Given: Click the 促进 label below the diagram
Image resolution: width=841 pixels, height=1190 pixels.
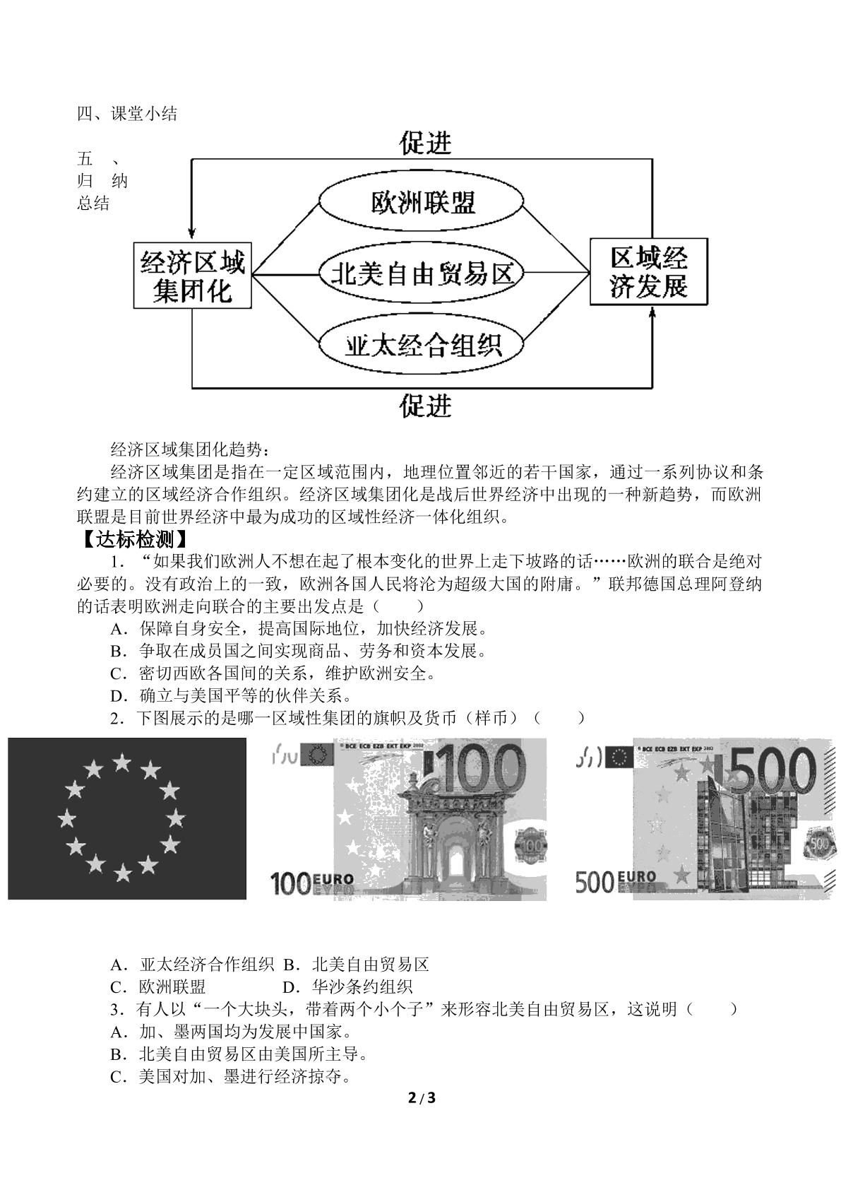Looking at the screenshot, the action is coord(425,406).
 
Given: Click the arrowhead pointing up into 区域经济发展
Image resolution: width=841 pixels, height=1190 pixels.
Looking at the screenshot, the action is coord(652,316).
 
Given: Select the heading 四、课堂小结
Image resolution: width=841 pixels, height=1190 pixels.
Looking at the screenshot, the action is coord(127,114).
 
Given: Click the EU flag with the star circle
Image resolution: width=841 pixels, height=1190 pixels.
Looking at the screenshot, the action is coord(127,819).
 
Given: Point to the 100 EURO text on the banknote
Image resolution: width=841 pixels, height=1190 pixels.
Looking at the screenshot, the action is coord(312,883).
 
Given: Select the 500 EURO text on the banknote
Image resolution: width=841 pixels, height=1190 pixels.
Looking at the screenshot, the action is coord(616,882).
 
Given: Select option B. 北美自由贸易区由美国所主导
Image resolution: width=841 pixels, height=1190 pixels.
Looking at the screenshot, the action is coord(239,1054).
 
